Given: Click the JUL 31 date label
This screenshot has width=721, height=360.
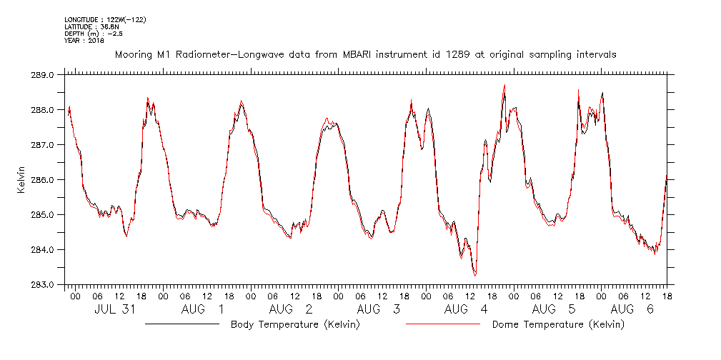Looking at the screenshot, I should coord(115,310).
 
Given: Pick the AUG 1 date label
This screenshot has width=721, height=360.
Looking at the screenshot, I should coord(202,310).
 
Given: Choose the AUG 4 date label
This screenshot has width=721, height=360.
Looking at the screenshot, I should coord(465,310).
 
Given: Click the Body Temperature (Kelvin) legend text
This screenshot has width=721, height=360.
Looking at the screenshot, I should coord(295,325).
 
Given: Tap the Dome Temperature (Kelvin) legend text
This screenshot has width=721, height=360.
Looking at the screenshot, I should coord(557,325).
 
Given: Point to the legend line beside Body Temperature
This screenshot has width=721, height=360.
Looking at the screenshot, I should coord(182,324).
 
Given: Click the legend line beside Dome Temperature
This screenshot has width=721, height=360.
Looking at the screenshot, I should coord(442,324).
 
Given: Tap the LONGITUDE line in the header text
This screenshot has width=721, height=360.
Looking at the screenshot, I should coord(105,19).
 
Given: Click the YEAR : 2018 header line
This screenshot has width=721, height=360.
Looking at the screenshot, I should coord(84,41).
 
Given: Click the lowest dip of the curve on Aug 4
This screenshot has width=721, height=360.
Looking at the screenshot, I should coord(475,275).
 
